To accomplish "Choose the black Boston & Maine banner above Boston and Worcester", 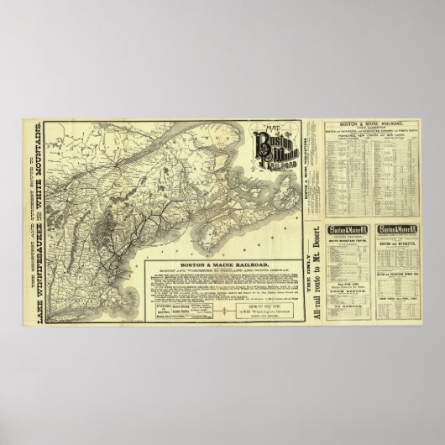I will click(398, 229).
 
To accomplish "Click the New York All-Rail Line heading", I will click(398, 296).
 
